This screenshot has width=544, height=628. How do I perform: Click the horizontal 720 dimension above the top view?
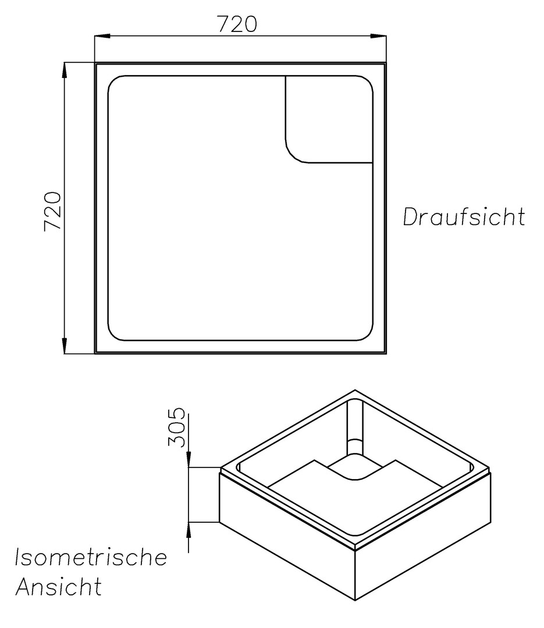coord(237,24)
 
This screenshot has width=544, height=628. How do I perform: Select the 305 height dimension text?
coord(176,427)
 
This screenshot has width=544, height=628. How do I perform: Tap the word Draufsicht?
coord(464,217)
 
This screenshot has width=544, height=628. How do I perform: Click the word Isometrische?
coord(91,557)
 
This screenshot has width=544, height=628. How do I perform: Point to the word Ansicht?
coord(58,586)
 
